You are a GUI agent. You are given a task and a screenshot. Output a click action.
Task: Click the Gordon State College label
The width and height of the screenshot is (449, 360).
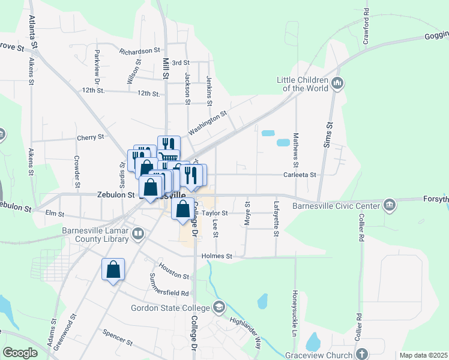click(x=171, y=308)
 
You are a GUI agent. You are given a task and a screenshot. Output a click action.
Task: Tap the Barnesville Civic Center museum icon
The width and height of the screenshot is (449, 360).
click(x=391, y=206)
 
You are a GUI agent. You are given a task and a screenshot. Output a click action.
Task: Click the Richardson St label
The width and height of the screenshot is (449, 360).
click(x=140, y=52)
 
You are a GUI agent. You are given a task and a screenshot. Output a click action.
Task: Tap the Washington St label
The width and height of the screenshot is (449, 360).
click(x=208, y=122)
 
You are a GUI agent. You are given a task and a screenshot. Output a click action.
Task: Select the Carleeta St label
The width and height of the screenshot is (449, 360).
click(x=300, y=175)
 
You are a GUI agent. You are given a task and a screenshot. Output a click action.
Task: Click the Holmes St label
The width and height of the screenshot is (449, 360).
click(x=217, y=256)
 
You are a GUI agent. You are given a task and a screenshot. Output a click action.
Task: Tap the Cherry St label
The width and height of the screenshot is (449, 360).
click(x=91, y=137)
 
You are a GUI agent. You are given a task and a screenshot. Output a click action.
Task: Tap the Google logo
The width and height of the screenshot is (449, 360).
click(x=20, y=353)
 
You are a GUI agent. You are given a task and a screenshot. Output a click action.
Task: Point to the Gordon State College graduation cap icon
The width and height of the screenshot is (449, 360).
click(x=218, y=308)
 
